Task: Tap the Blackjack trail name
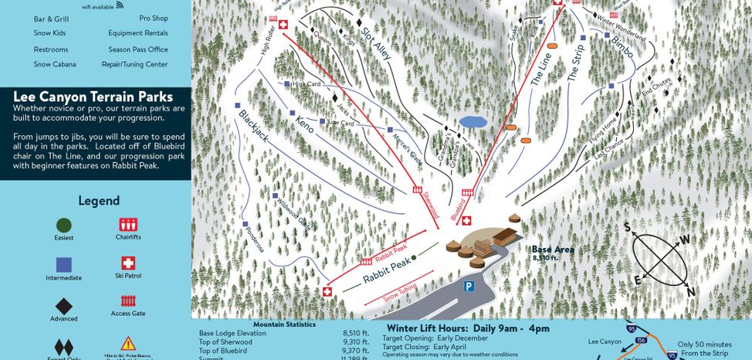258,127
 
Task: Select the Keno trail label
304,124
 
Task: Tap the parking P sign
468,286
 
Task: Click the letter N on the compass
691,291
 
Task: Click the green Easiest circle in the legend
64,225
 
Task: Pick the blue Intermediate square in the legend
64,263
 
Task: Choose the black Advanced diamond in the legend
64,305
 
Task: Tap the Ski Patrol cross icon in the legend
128,263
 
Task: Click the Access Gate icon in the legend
128,301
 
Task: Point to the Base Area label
552,250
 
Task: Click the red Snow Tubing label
401,290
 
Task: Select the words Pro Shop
154,17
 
